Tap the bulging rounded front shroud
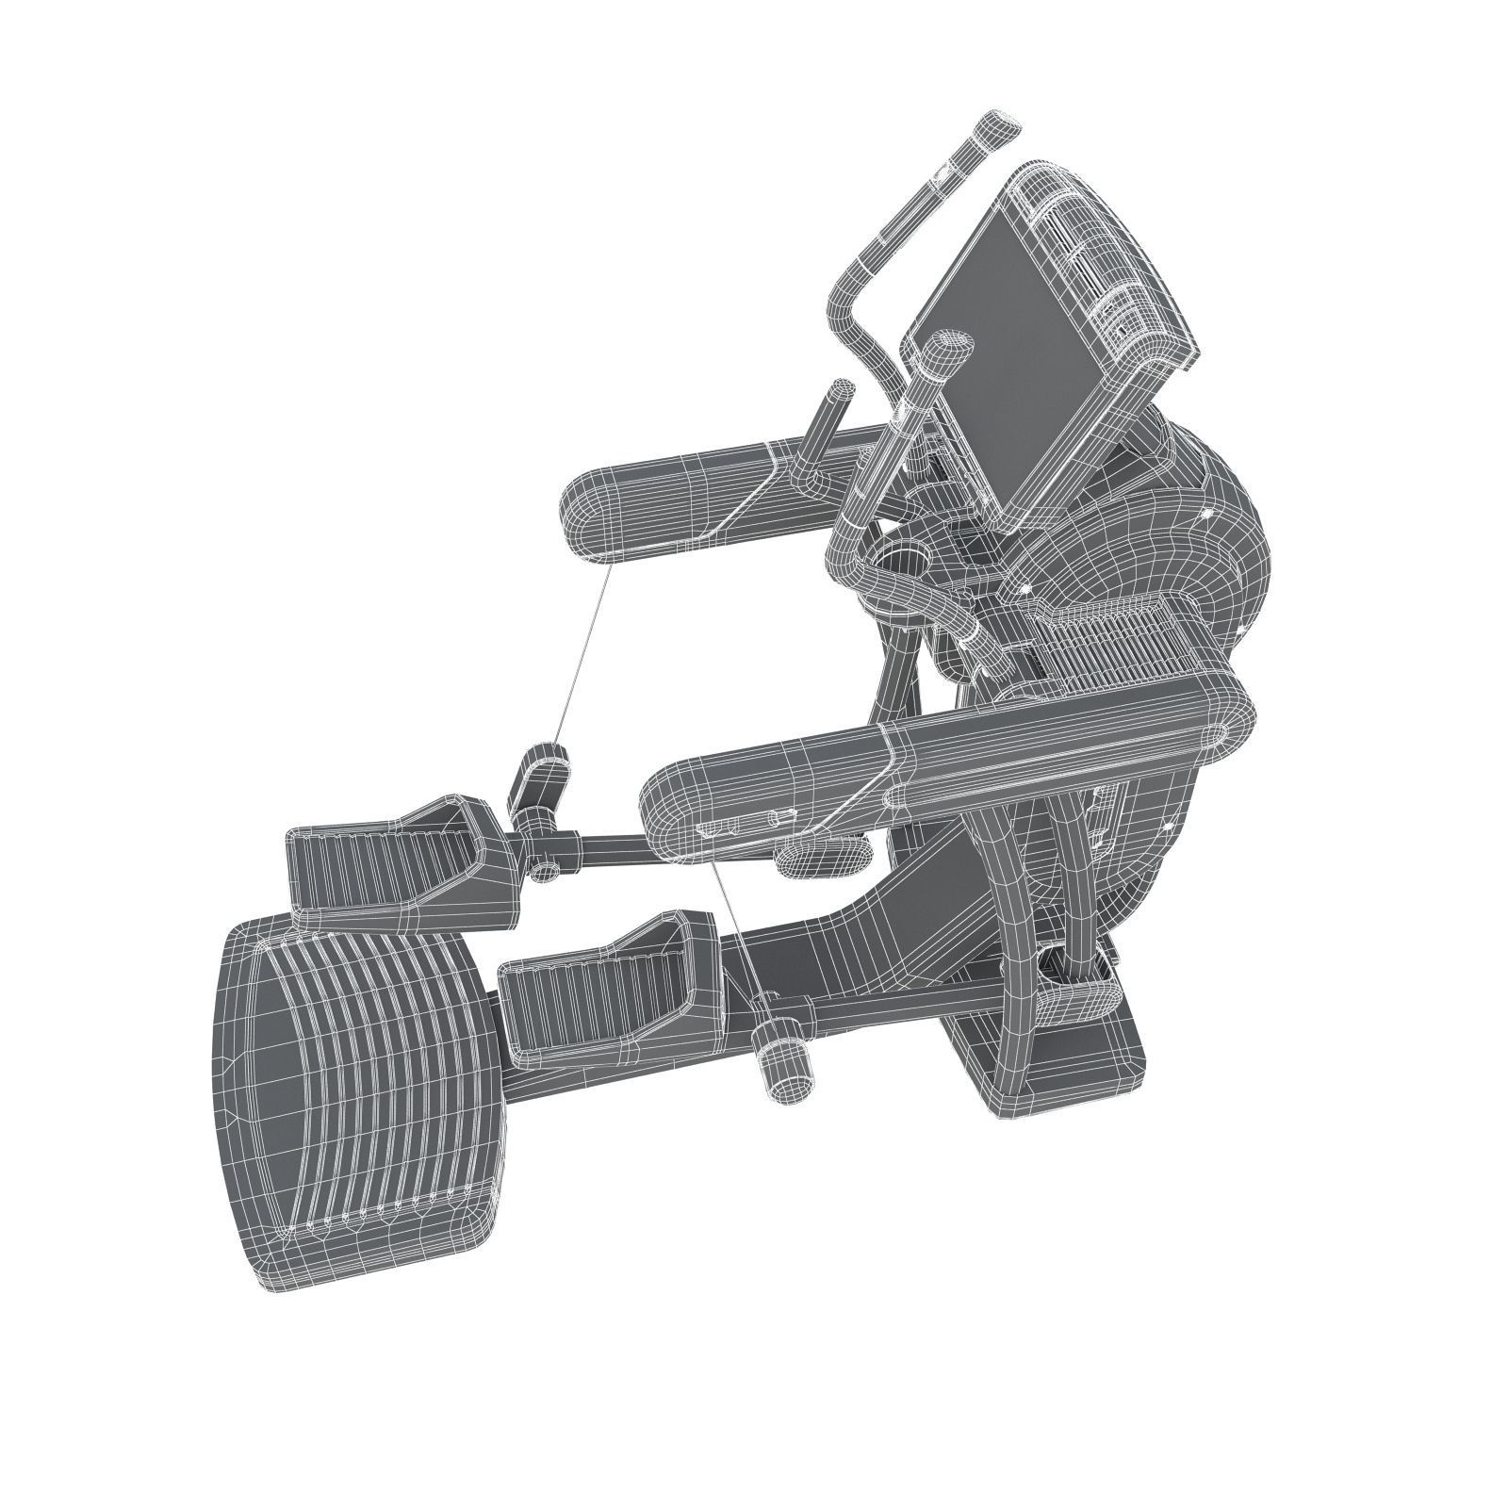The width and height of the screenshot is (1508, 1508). (1216, 528)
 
